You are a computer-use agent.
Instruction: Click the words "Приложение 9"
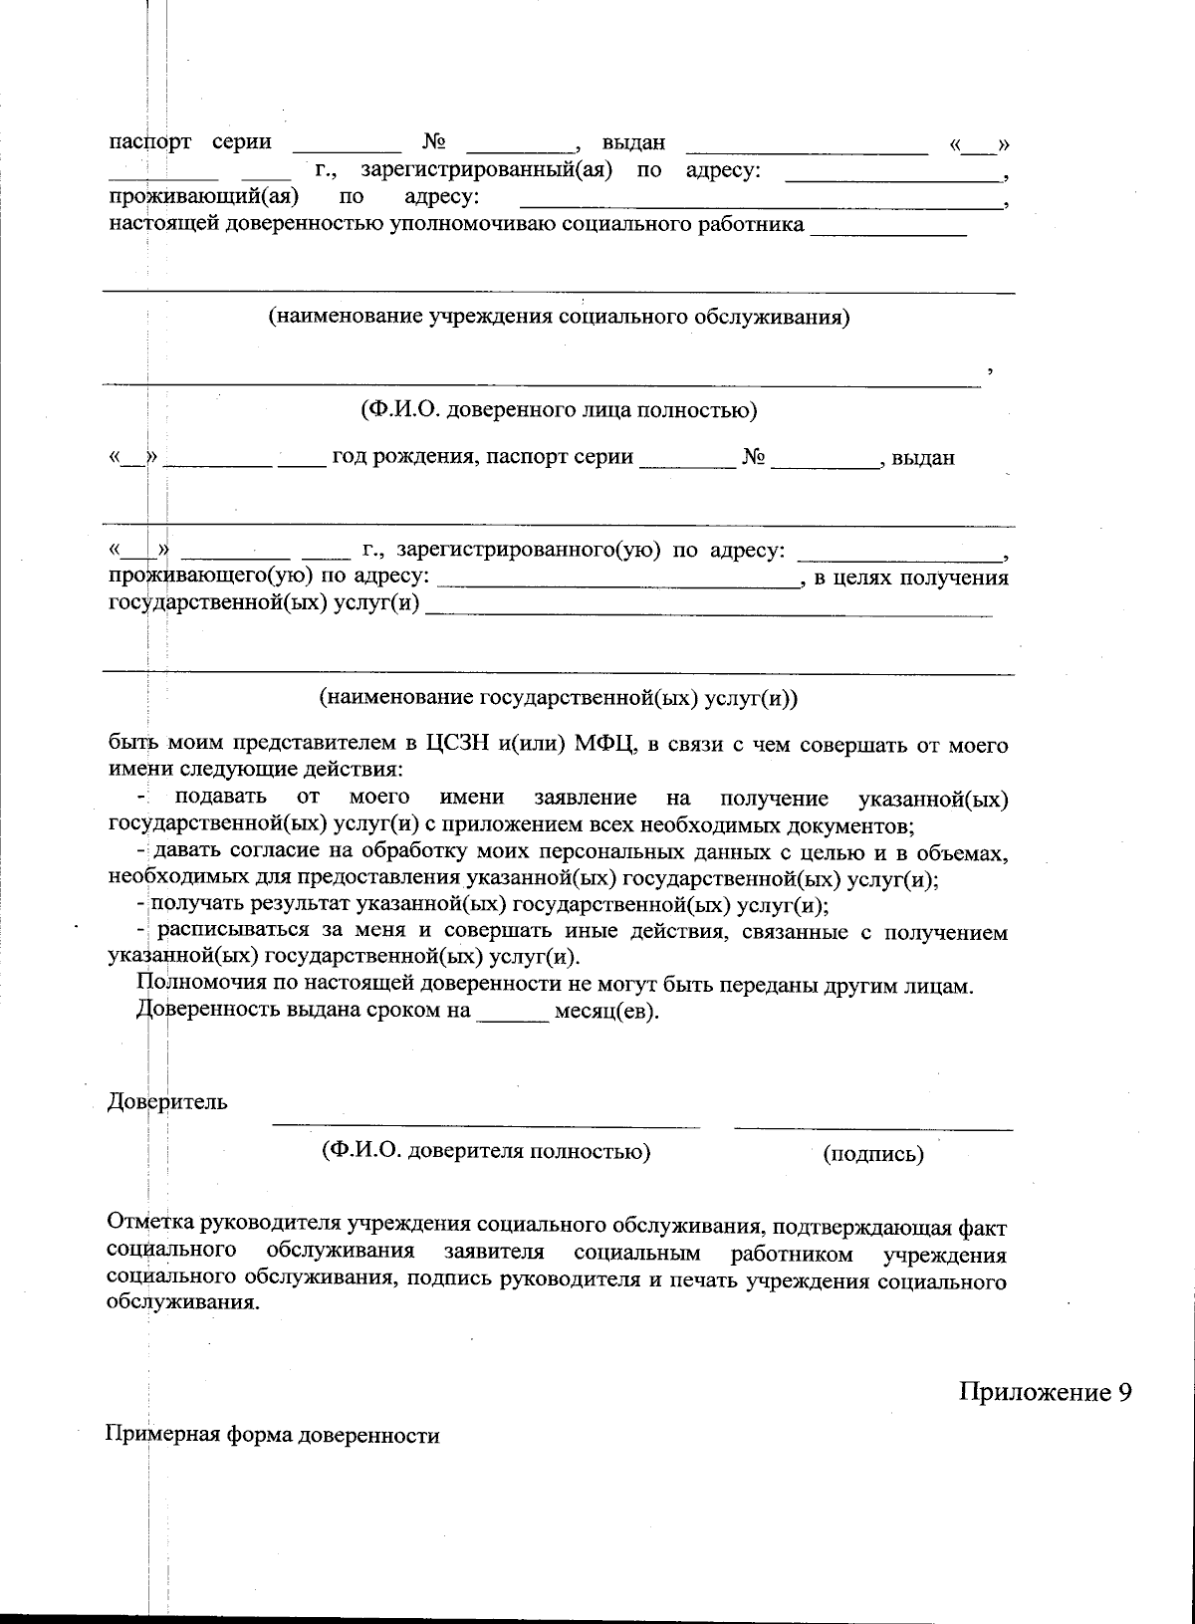click(x=1046, y=1392)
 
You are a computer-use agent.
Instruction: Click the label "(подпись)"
click(x=873, y=1155)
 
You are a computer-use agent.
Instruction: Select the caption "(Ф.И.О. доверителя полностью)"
click(x=486, y=1151)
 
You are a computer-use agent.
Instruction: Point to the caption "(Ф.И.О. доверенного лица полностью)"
click(x=558, y=409)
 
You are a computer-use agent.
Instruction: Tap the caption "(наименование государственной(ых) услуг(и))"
click(x=558, y=698)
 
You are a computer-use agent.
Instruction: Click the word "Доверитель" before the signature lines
click(x=167, y=1101)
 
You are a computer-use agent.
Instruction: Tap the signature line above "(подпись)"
click(x=873, y=1127)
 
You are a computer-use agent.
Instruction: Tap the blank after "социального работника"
click(x=888, y=231)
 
